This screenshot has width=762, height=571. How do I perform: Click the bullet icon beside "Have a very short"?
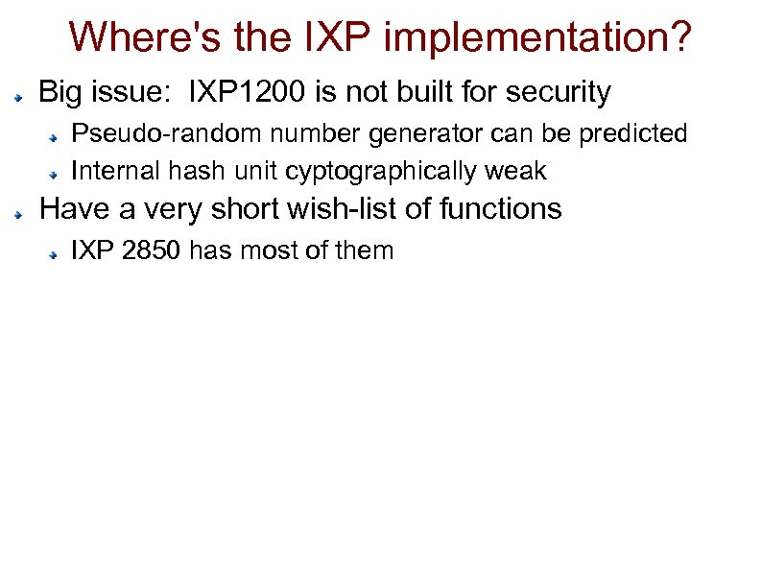[x=19, y=212]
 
